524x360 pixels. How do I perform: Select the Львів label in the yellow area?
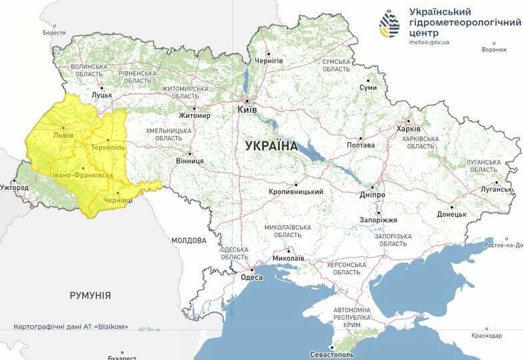click(63, 135)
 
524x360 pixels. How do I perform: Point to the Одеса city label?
click(251, 277)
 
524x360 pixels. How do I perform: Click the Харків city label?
click(408, 129)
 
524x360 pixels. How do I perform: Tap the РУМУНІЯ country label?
click(90, 295)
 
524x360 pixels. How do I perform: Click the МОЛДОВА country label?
click(189, 240)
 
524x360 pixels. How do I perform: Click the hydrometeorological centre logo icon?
click(389, 25)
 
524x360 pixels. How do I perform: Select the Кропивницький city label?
click(296, 192)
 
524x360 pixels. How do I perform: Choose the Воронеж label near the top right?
click(494, 49)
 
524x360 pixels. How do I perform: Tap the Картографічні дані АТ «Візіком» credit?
click(71, 327)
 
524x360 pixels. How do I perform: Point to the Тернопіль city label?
click(107, 147)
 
